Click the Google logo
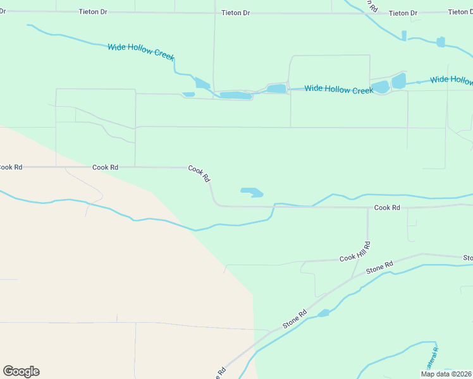[21, 371]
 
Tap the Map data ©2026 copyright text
[446, 374]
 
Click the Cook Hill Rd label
[355, 251]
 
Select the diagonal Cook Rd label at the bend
[199, 174]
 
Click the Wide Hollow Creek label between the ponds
[338, 90]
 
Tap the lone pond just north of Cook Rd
[252, 192]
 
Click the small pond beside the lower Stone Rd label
[323, 313]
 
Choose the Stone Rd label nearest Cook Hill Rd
[379, 268]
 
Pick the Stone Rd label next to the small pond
[295, 318]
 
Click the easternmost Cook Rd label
[387, 207]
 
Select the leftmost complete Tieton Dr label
[93, 12]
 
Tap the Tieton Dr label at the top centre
[236, 13]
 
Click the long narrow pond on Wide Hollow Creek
[235, 95]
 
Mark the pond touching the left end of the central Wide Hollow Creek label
[276, 88]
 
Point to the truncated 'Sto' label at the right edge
[467, 258]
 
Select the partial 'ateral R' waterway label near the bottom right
[432, 358]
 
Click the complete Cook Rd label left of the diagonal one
[106, 167]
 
